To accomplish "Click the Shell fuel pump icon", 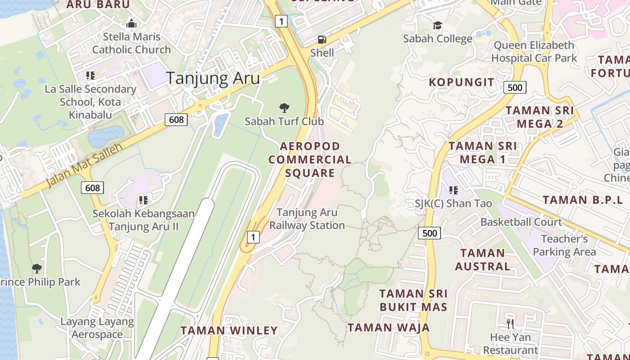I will (322, 40).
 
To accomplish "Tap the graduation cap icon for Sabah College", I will (437, 26).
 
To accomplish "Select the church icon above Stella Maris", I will (131, 23).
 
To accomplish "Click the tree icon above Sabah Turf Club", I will (284, 108).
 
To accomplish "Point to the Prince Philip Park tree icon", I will (37, 269).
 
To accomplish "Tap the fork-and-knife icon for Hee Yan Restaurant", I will (510, 324).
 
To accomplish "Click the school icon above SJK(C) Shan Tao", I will (454, 190).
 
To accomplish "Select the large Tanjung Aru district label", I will (213, 78).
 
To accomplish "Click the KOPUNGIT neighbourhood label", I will (461, 82).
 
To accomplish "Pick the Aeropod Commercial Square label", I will (310, 160).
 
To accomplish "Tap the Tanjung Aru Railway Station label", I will (307, 219).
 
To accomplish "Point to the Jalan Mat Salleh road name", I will (85, 166).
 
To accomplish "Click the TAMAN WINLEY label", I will (229, 331).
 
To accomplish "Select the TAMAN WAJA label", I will (388, 328).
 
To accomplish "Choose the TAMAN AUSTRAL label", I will (482, 260).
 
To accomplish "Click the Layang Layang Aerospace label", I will (97, 328).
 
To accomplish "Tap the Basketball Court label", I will (521, 222).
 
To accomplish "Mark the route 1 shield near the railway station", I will (254, 237).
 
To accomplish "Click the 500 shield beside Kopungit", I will (515, 87).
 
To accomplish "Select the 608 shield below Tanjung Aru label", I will (176, 119).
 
